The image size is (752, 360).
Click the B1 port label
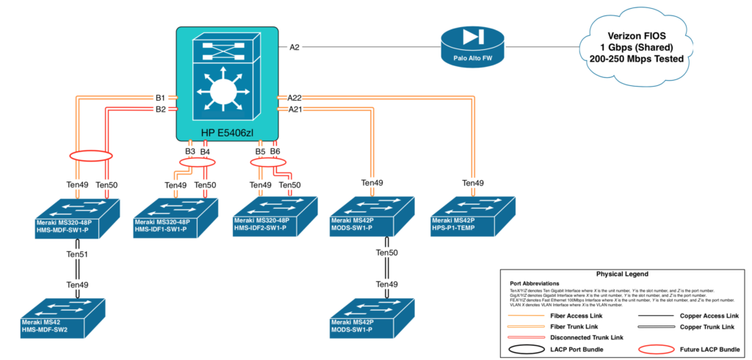[x=160, y=97]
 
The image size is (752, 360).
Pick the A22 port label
[x=294, y=97]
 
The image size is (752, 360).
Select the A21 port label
[x=294, y=109]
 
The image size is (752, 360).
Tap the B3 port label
[x=189, y=151]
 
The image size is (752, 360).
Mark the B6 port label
[x=275, y=151]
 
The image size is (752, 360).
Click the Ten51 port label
[x=78, y=254]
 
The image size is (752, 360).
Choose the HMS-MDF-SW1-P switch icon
[x=77, y=215]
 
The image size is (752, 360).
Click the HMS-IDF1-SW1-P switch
[x=176, y=215]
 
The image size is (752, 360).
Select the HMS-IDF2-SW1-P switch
[x=275, y=215]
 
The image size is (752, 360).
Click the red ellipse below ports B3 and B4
[x=195, y=162]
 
